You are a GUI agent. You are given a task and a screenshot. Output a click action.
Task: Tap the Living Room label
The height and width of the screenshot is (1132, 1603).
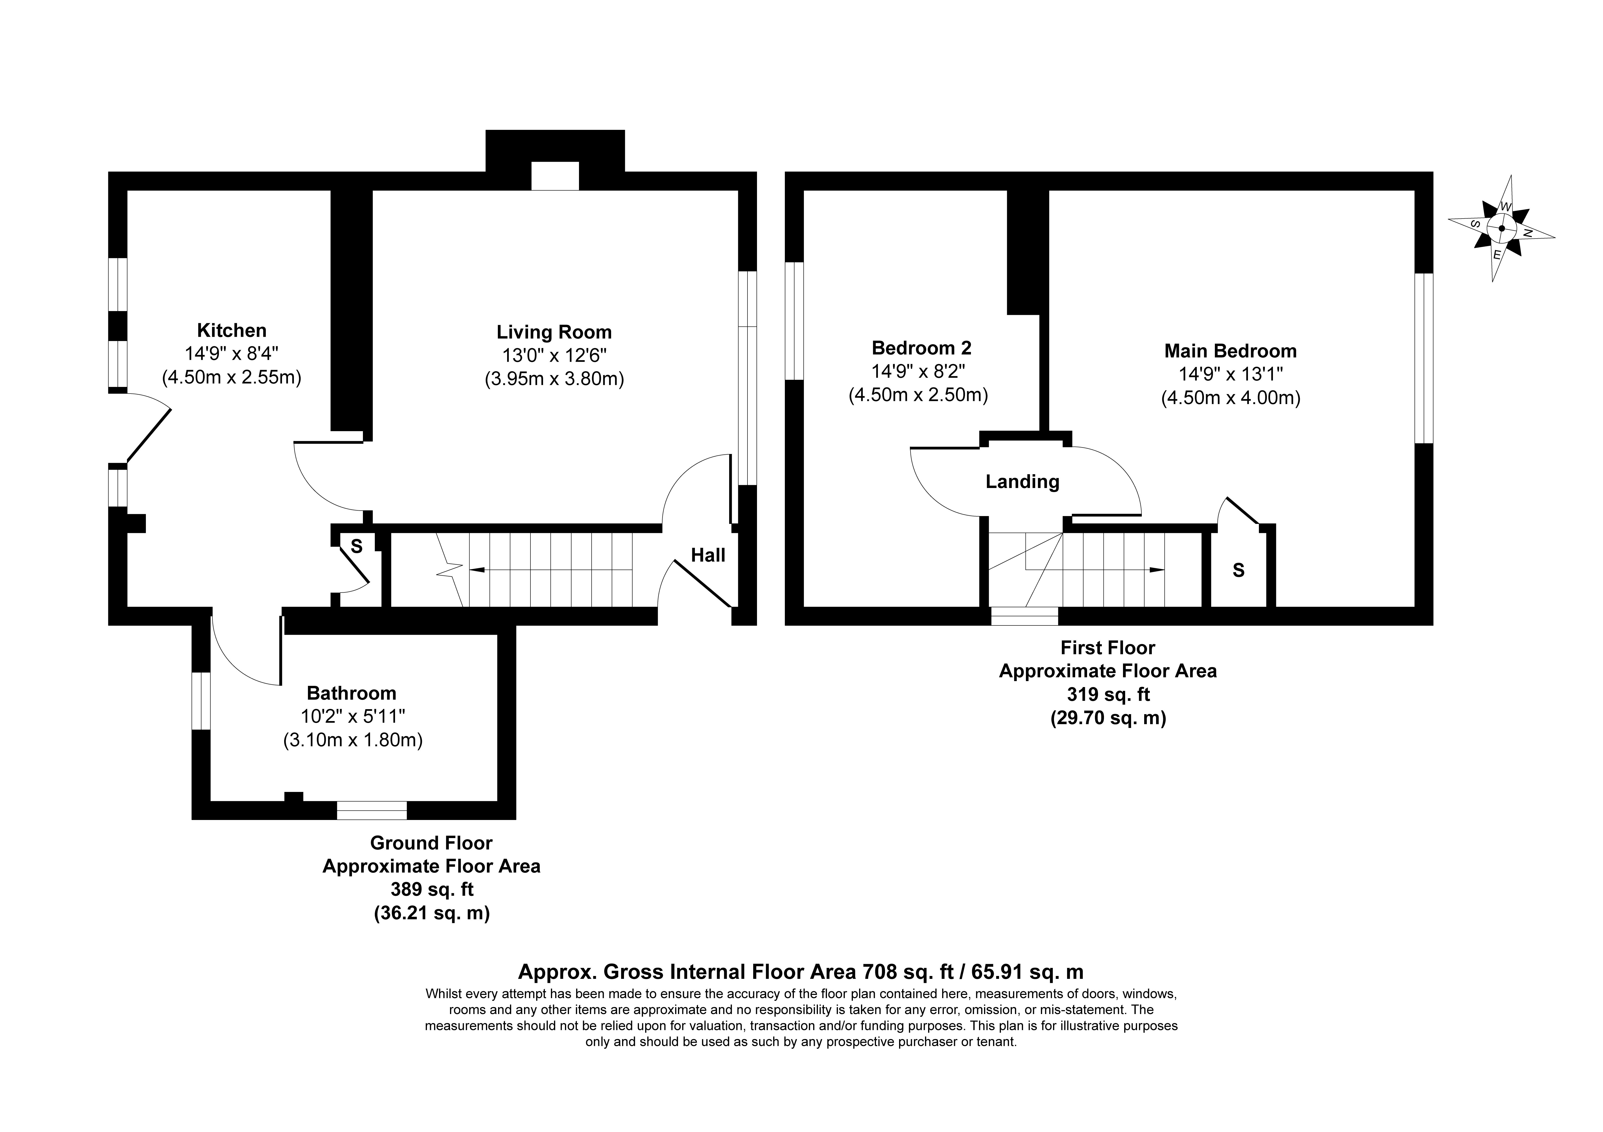point(554,332)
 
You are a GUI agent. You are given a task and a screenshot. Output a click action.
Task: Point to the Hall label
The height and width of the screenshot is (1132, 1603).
point(708,556)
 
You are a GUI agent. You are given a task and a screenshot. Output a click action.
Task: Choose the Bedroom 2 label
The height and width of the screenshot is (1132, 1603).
point(922,347)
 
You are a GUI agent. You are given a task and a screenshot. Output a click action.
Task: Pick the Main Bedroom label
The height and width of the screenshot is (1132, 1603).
point(1230,351)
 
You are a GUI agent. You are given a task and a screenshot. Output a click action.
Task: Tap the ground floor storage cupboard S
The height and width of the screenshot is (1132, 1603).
point(357,546)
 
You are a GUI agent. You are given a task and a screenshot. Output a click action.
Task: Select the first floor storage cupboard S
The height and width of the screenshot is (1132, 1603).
point(1239,571)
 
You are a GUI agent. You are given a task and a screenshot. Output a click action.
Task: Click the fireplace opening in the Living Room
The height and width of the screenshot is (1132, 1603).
point(555,176)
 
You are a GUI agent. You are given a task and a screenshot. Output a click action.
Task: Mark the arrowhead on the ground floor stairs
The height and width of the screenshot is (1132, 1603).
point(478,570)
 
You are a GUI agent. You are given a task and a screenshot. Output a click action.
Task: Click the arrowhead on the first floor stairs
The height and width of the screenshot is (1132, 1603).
point(1157,570)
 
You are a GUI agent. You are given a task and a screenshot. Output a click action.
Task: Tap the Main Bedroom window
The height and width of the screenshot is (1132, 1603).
point(1424,358)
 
